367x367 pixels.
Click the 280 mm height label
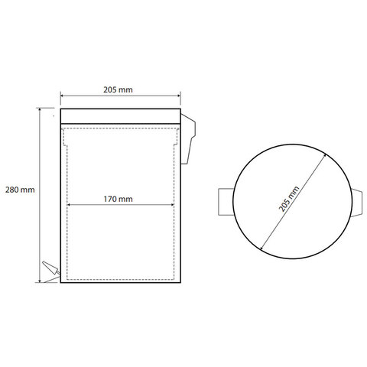pos(20,190)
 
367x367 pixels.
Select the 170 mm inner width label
pos(118,199)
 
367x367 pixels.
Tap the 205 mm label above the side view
pos(118,89)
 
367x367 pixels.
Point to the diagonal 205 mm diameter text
pos(289,199)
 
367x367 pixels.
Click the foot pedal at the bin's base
pos(51,268)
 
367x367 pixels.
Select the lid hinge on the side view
pos(188,139)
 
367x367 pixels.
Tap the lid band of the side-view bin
pos(121,116)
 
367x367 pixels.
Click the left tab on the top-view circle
pos(226,202)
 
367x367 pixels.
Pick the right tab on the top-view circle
pos(357,203)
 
